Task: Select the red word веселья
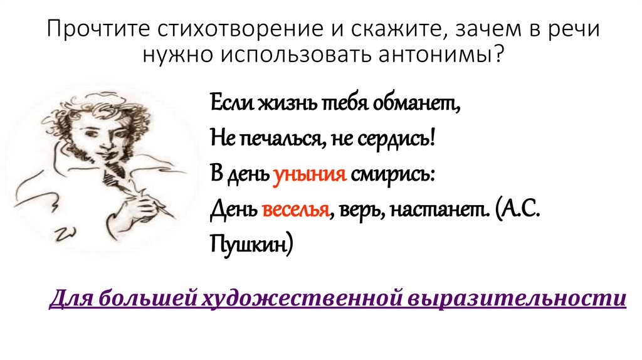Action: click(297, 209)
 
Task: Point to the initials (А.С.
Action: click(517, 209)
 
